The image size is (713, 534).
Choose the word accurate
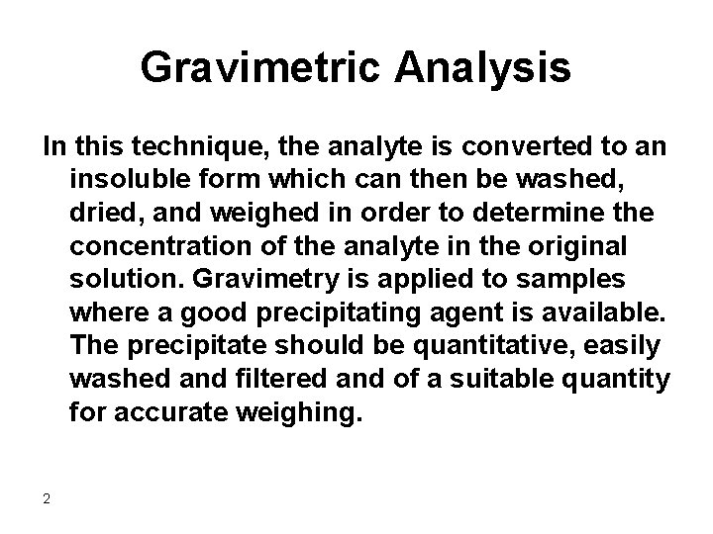[171, 409]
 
